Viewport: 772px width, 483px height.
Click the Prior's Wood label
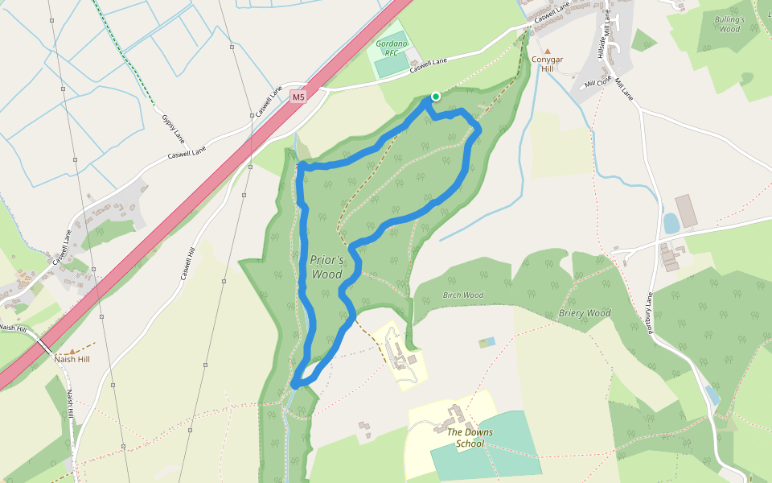(x=326, y=266)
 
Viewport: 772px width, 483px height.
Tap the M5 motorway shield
(x=299, y=97)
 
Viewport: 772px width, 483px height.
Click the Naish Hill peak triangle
(x=72, y=352)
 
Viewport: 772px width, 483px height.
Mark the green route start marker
(x=435, y=97)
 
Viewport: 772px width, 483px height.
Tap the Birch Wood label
(x=463, y=295)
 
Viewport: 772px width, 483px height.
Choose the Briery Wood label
(x=585, y=313)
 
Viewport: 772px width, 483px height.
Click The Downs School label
(x=470, y=438)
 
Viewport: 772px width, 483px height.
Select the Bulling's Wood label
(x=729, y=24)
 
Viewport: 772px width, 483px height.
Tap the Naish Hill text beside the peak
(x=72, y=360)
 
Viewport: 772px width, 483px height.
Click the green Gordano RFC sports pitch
(x=392, y=66)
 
